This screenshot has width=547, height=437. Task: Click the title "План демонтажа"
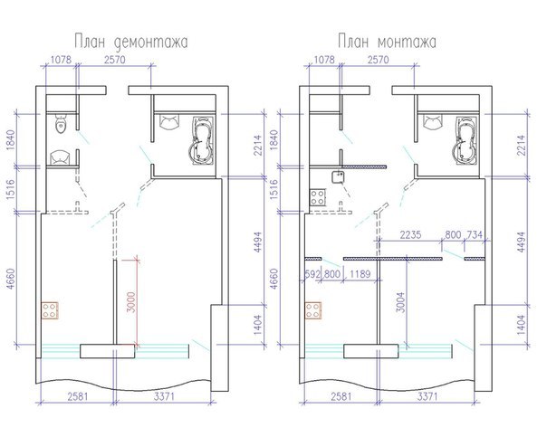click(130, 43)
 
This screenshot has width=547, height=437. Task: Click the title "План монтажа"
click(387, 42)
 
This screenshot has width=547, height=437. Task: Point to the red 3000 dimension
click(130, 302)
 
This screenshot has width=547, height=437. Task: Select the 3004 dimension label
click(402, 302)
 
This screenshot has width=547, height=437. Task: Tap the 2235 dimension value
click(410, 235)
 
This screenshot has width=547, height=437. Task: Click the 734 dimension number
click(475, 235)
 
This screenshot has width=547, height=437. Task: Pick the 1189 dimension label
click(360, 274)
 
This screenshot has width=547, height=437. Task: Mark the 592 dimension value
click(312, 274)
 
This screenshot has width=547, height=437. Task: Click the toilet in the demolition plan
click(61, 125)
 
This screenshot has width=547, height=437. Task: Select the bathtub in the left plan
click(202, 140)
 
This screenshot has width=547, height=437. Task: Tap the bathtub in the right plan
click(465, 140)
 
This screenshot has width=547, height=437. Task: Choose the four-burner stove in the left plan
click(50, 311)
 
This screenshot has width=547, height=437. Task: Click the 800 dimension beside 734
click(453, 235)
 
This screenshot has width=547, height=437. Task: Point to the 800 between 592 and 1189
click(331, 274)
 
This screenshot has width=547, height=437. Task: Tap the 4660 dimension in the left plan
click(11, 279)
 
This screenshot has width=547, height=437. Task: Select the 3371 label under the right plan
click(427, 396)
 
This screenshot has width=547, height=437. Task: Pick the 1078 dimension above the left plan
click(61, 60)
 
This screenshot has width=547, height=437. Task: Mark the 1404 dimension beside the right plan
click(521, 325)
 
